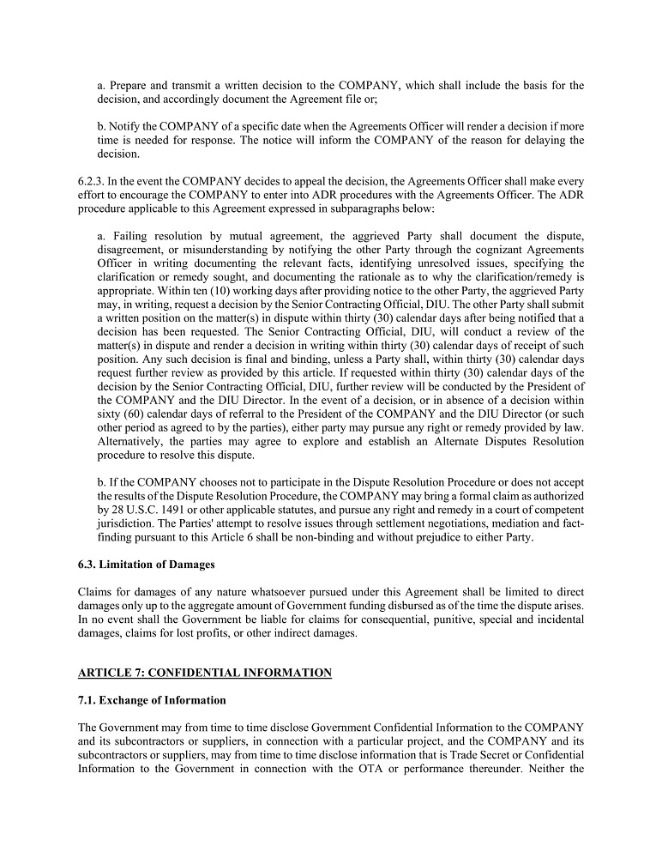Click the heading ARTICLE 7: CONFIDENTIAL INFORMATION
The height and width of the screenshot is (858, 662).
pos(204,673)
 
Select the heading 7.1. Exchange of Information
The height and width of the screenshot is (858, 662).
pos(152,700)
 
